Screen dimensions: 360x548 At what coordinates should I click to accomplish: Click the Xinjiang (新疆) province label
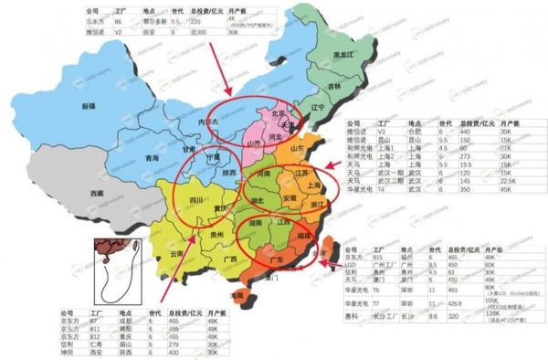click(89, 107)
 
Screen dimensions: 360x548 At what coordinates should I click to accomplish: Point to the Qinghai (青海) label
click(155, 157)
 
